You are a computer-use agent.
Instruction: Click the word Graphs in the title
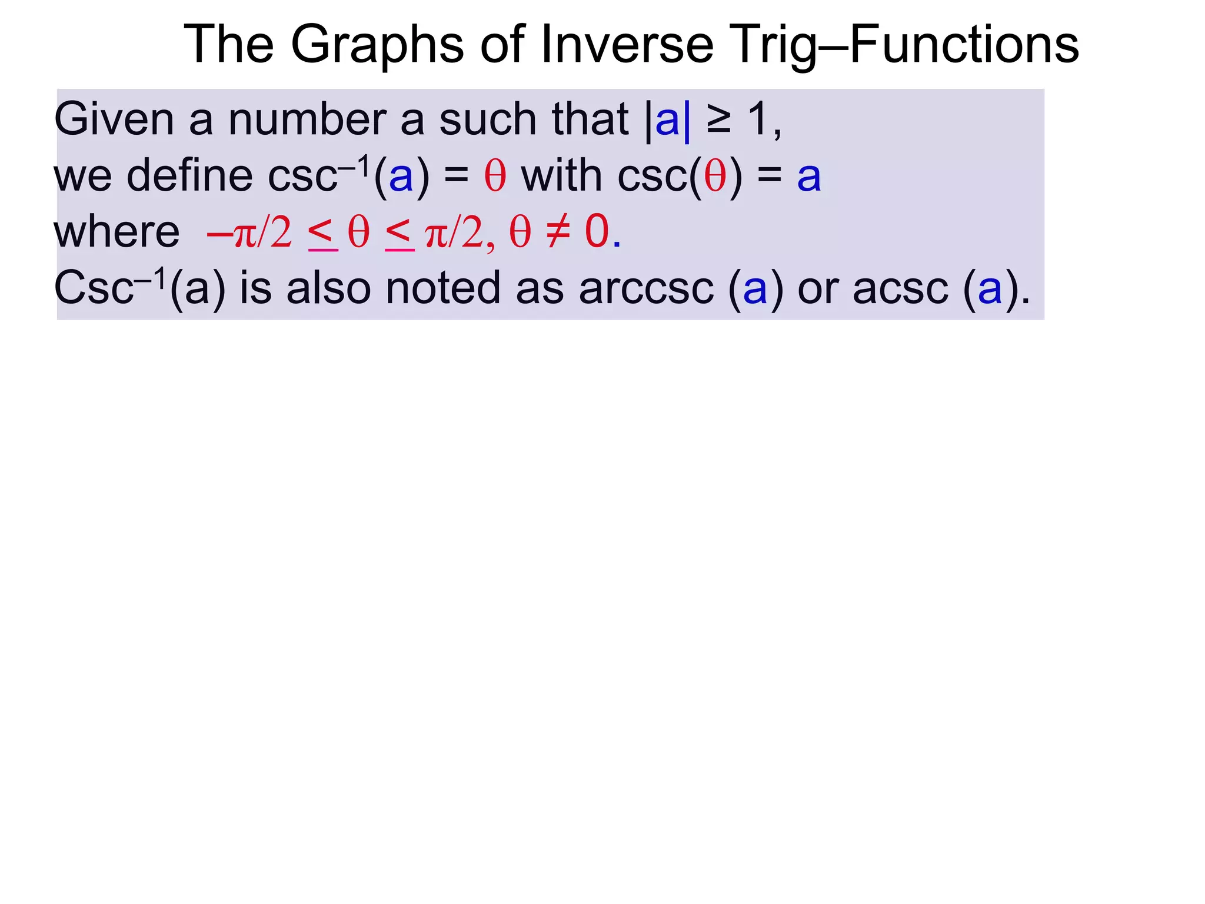pyautogui.click(x=377, y=46)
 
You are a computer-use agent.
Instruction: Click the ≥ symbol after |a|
pyautogui.click(x=718, y=119)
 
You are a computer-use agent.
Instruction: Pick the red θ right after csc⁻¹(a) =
pyautogui.click(x=495, y=176)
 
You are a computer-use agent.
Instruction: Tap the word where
pyautogui.click(x=116, y=232)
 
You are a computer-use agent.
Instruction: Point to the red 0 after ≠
pyautogui.click(x=597, y=231)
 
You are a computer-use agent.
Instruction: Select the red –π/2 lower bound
pyautogui.click(x=249, y=232)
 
